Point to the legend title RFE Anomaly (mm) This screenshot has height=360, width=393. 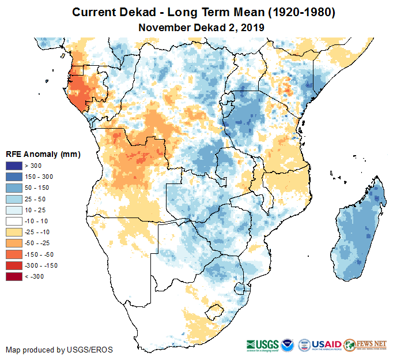click(43, 154)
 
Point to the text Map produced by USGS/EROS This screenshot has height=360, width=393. click(59, 350)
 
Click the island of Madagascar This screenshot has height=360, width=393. click(356, 231)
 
